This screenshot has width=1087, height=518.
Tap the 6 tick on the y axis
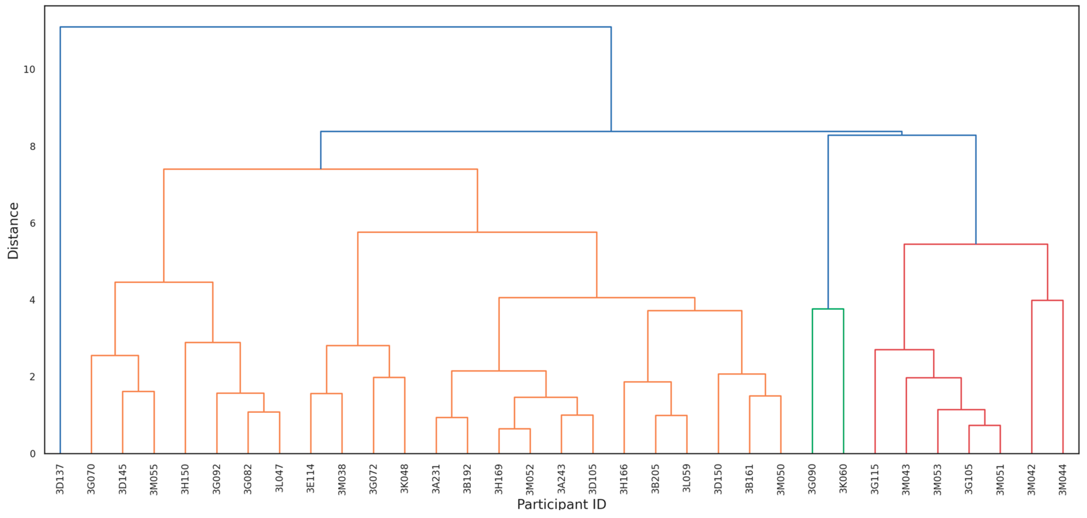[32, 223]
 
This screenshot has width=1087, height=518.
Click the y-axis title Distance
[13, 231]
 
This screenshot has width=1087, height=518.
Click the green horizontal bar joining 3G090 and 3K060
[828, 309]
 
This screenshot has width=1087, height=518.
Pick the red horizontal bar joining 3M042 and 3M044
[1047, 301]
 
